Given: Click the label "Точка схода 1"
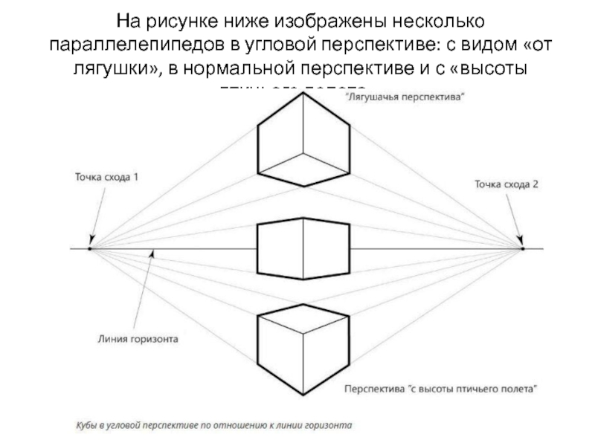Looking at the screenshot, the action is click(106, 178).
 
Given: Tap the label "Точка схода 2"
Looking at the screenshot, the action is click(506, 184).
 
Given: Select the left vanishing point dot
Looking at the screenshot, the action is click(89, 248).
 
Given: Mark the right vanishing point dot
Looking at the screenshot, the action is click(522, 248).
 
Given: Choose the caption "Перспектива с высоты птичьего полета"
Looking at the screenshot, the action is click(440, 388).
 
